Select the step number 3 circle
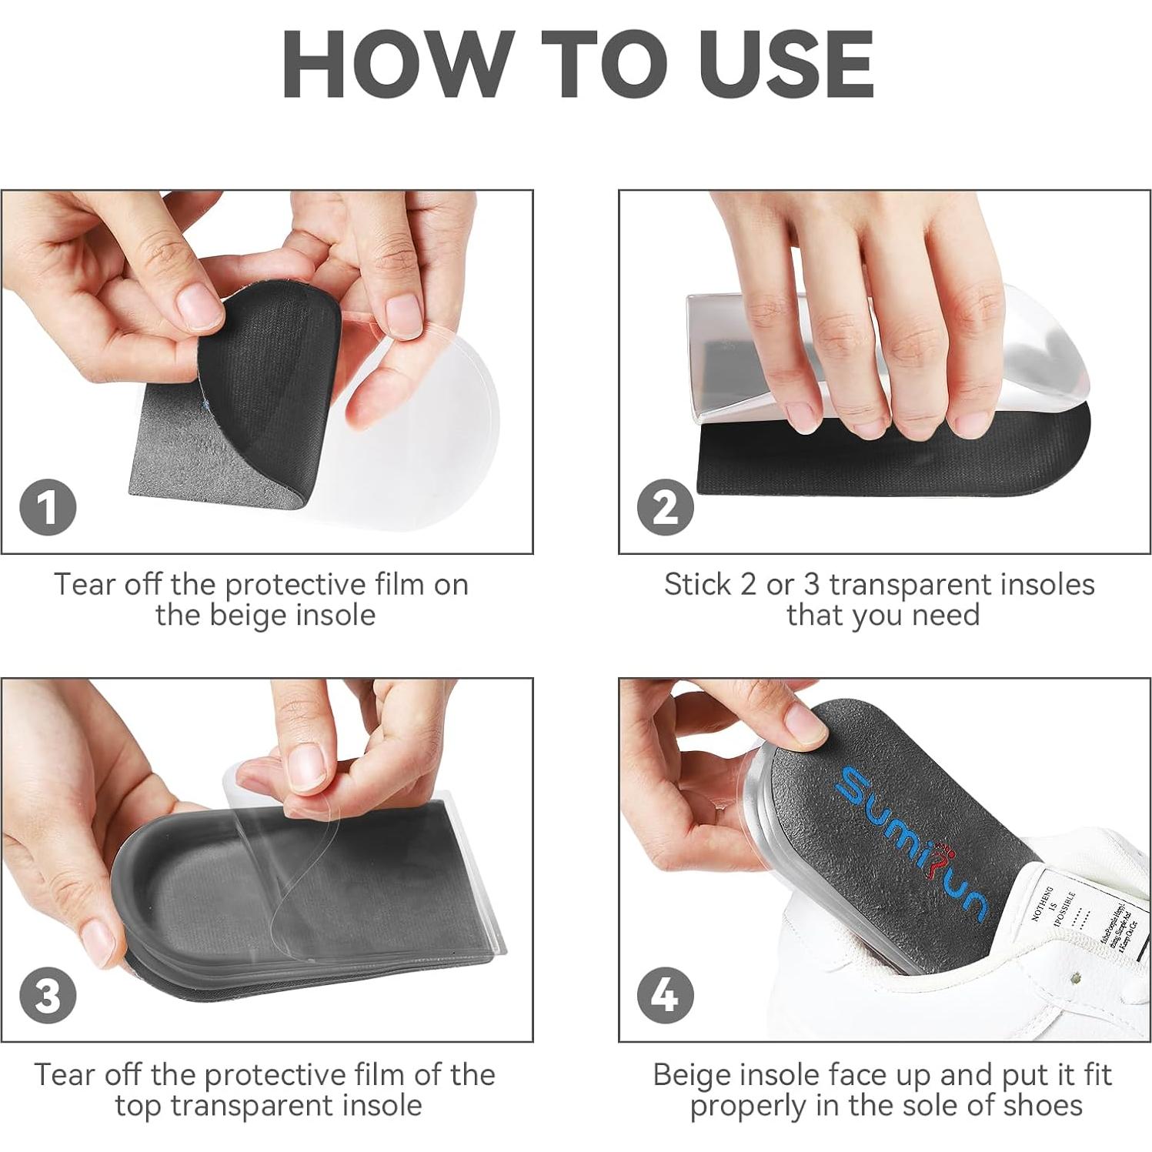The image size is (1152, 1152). (x=48, y=996)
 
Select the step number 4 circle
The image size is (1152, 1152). (x=666, y=996)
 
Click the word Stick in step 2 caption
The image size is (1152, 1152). (x=697, y=585)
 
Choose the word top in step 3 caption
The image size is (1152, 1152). (x=139, y=1105)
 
